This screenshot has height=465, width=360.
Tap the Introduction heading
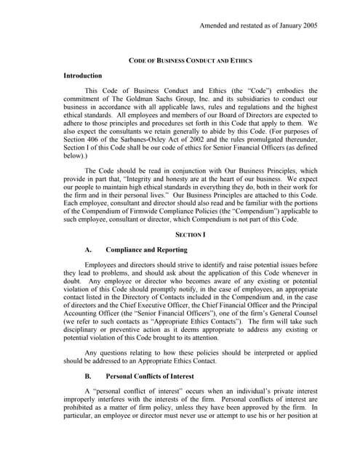[83, 76]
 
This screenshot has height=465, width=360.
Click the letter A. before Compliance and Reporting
[89, 270]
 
